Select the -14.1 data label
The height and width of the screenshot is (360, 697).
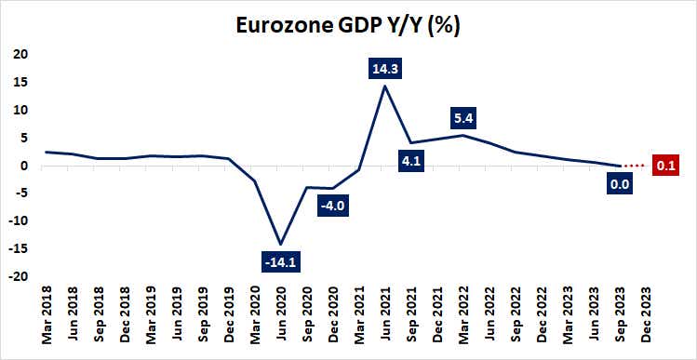click(281, 262)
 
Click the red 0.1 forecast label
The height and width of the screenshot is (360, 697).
click(665, 167)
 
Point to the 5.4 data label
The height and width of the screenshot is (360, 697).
click(462, 119)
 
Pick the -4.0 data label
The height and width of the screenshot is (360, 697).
click(332, 207)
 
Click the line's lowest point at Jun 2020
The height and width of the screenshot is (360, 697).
click(280, 244)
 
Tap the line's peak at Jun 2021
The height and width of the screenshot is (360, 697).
click(384, 86)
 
